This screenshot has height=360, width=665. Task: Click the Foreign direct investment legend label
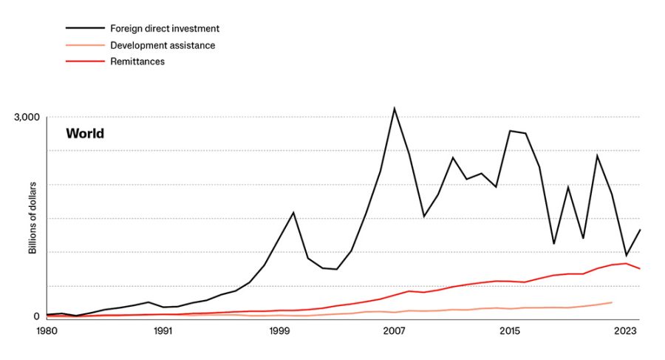pyautogui.click(x=165, y=28)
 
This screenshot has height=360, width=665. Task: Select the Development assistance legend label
pyautogui.click(x=163, y=45)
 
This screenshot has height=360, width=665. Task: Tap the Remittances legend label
pyautogui.click(x=137, y=61)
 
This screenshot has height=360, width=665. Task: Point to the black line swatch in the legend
pyautogui.click(x=85, y=28)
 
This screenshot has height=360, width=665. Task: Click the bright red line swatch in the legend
pyautogui.click(x=85, y=61)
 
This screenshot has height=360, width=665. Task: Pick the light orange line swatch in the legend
pyautogui.click(x=85, y=45)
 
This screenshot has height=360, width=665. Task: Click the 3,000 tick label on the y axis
pyautogui.click(x=27, y=118)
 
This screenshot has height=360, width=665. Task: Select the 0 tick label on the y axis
pyautogui.click(x=36, y=316)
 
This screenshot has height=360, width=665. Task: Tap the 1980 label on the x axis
pyautogui.click(x=47, y=330)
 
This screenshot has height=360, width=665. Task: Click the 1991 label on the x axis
pyautogui.click(x=163, y=330)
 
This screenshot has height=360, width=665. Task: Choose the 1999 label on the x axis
pyautogui.click(x=279, y=330)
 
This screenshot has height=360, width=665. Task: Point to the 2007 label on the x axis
pyautogui.click(x=395, y=330)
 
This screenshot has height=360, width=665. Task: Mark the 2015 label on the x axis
pyautogui.click(x=510, y=330)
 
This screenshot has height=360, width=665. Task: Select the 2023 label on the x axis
pyautogui.click(x=626, y=330)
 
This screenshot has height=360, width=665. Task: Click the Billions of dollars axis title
pyautogui.click(x=33, y=218)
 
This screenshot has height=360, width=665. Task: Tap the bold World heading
pyautogui.click(x=85, y=133)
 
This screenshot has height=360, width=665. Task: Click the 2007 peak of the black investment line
pyautogui.click(x=395, y=109)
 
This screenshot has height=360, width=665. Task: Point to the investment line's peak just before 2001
pyautogui.click(x=293, y=213)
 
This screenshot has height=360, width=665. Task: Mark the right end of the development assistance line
pyautogui.click(x=612, y=302)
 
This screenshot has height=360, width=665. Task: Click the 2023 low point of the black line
pyautogui.click(x=626, y=255)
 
